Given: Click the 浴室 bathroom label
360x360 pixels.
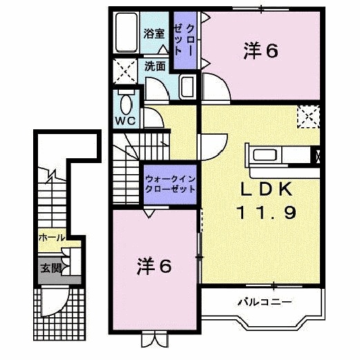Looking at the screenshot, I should [x=154, y=33].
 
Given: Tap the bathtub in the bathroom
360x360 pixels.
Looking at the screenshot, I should [x=127, y=34].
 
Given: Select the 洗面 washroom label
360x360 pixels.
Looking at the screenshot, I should [x=155, y=66].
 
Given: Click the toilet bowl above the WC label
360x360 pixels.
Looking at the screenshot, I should [x=126, y=104].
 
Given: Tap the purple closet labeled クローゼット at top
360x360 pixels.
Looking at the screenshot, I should [x=184, y=40].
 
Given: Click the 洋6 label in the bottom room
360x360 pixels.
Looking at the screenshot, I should [x=153, y=265].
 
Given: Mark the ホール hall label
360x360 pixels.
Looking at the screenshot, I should [x=52, y=237].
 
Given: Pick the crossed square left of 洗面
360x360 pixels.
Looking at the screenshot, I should [x=125, y=70].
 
